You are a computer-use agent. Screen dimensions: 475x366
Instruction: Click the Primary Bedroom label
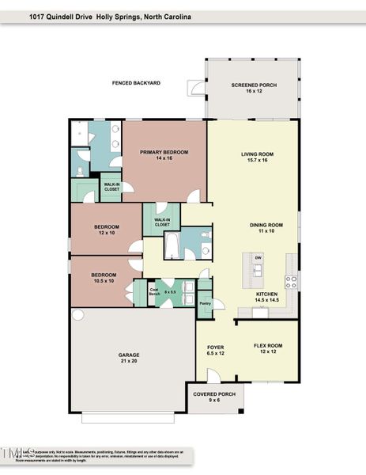click(164, 154)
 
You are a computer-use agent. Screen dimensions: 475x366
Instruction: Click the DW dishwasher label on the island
click(258, 258)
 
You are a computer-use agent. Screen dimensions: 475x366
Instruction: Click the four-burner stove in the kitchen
click(291, 279)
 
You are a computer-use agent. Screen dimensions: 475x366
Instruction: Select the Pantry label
click(205, 303)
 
